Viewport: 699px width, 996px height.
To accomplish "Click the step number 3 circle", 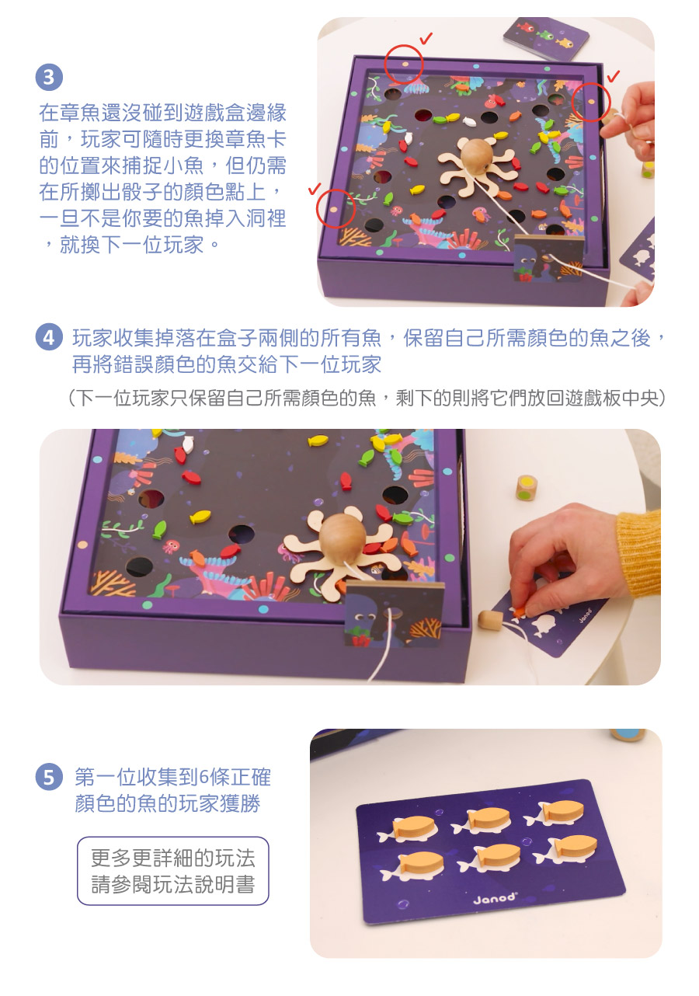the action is pyautogui.click(x=49, y=78).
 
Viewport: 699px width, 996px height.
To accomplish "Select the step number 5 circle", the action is pyautogui.click(x=49, y=777).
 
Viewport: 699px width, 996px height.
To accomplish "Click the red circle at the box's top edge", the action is pyautogui.click(x=404, y=64).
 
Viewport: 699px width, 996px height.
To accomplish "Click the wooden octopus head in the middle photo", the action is pyautogui.click(x=341, y=539).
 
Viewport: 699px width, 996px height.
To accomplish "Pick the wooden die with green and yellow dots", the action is pyautogui.click(x=527, y=487).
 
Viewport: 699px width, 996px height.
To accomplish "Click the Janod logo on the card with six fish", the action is pyautogui.click(x=495, y=897).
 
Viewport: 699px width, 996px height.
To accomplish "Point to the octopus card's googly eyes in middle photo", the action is pyautogui.click(x=367, y=617).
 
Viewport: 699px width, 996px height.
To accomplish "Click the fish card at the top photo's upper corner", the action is pyautogui.click(x=545, y=39).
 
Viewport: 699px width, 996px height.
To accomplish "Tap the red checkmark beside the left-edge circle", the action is pyautogui.click(x=315, y=189).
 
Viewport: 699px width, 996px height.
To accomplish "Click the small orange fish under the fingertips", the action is pyautogui.click(x=518, y=613).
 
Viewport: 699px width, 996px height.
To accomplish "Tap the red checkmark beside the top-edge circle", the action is pyautogui.click(x=426, y=39).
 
